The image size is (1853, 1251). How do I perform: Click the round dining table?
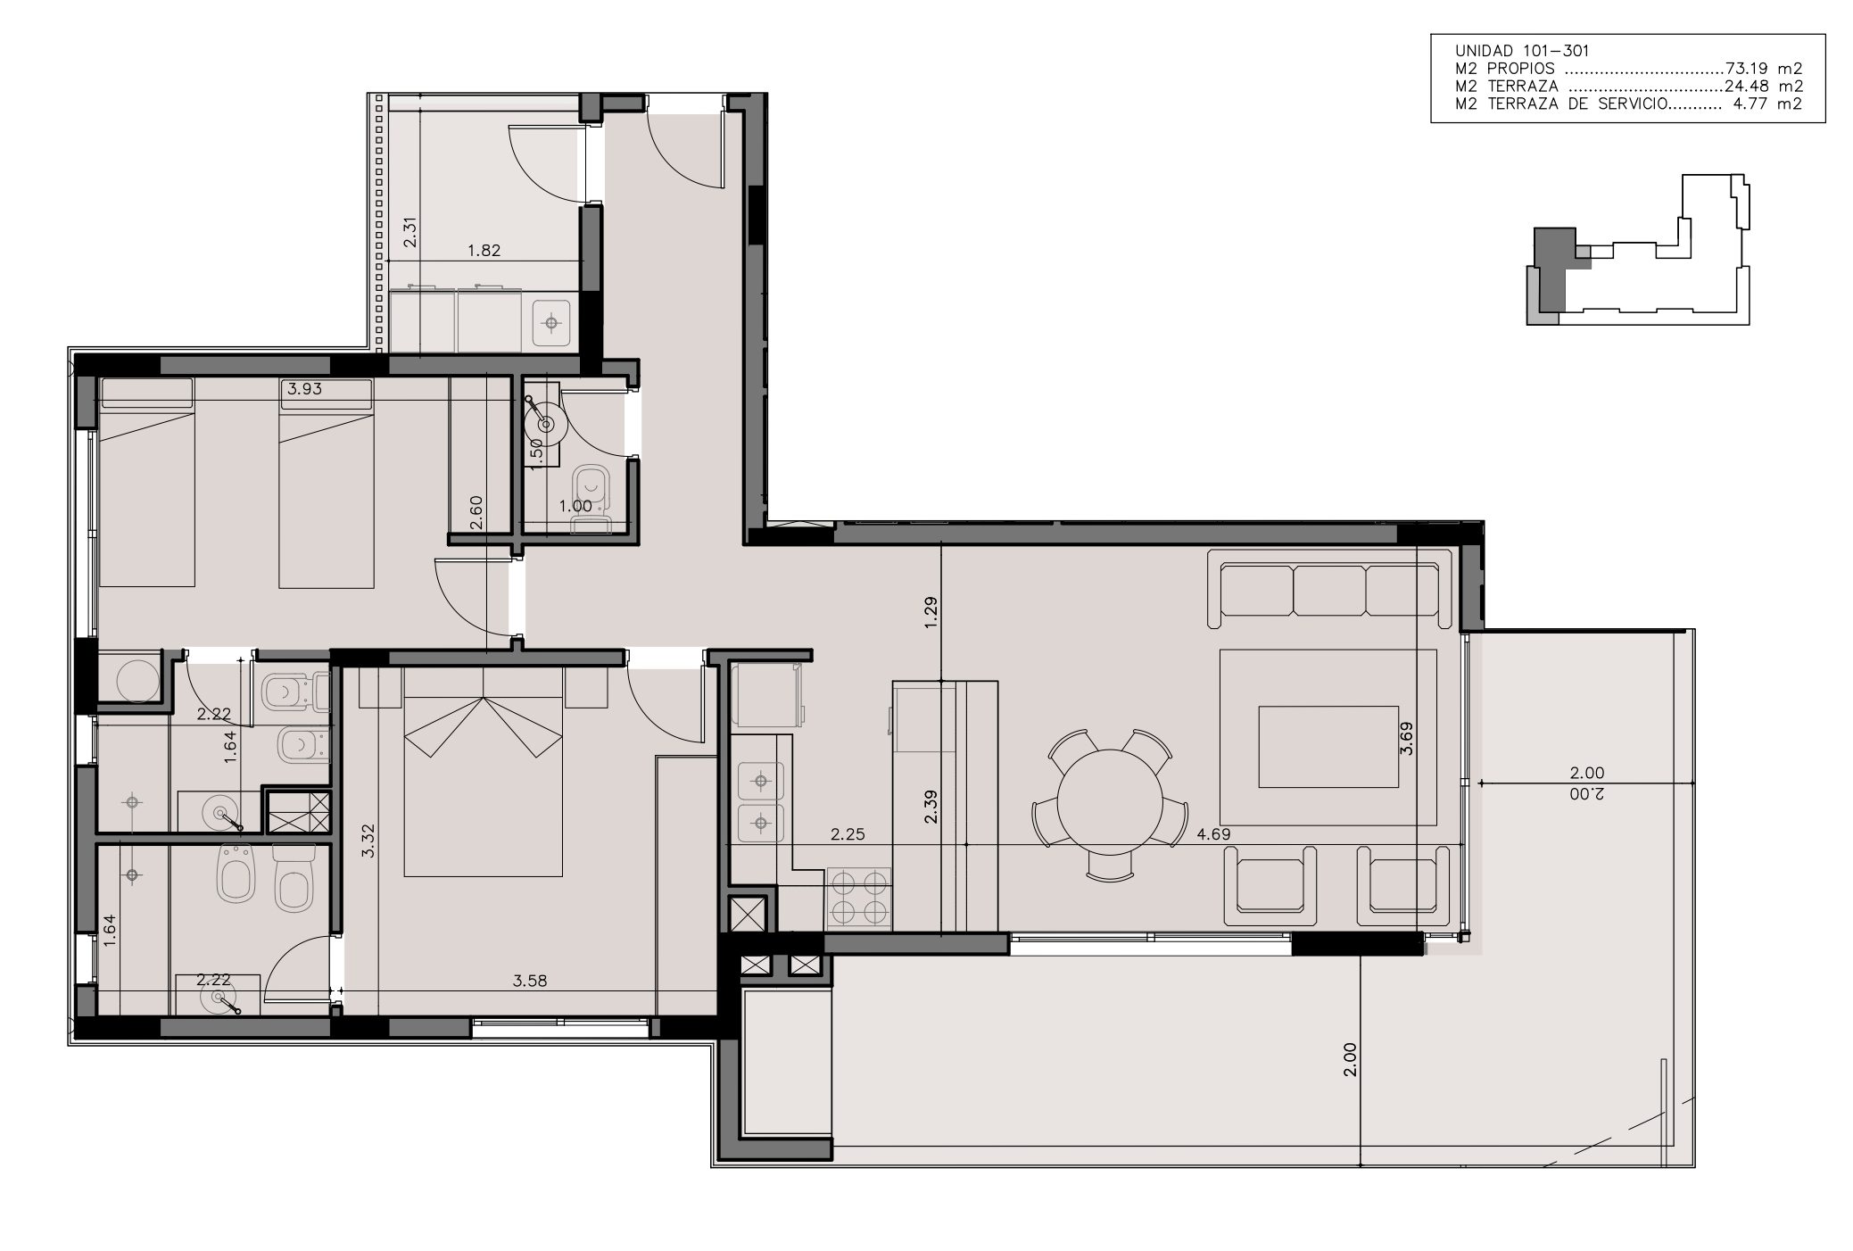(x=1111, y=803)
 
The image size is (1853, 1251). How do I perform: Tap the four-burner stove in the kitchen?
(x=859, y=898)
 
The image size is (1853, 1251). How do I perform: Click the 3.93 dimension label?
(x=305, y=388)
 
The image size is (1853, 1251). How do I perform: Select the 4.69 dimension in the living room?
(x=1214, y=834)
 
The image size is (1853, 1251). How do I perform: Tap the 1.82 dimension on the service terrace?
(x=484, y=251)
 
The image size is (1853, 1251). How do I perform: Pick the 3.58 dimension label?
(x=530, y=981)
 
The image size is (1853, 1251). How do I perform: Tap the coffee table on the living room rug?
(x=1328, y=747)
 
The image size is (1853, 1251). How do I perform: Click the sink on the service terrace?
(x=553, y=321)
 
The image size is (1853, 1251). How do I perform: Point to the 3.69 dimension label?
(x=1407, y=738)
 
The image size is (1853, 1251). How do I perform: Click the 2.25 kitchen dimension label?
(x=848, y=834)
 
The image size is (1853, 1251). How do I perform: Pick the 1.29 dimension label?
(x=931, y=613)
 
